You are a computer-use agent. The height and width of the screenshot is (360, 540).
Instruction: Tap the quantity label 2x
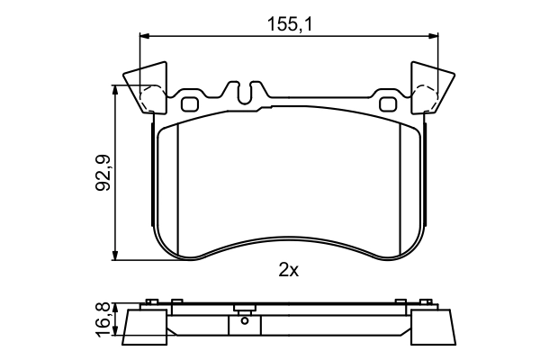[288, 270]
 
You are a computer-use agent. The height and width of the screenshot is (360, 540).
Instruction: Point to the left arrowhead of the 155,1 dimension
[143, 36]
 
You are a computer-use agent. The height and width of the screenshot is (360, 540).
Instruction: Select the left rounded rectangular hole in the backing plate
[189, 103]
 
